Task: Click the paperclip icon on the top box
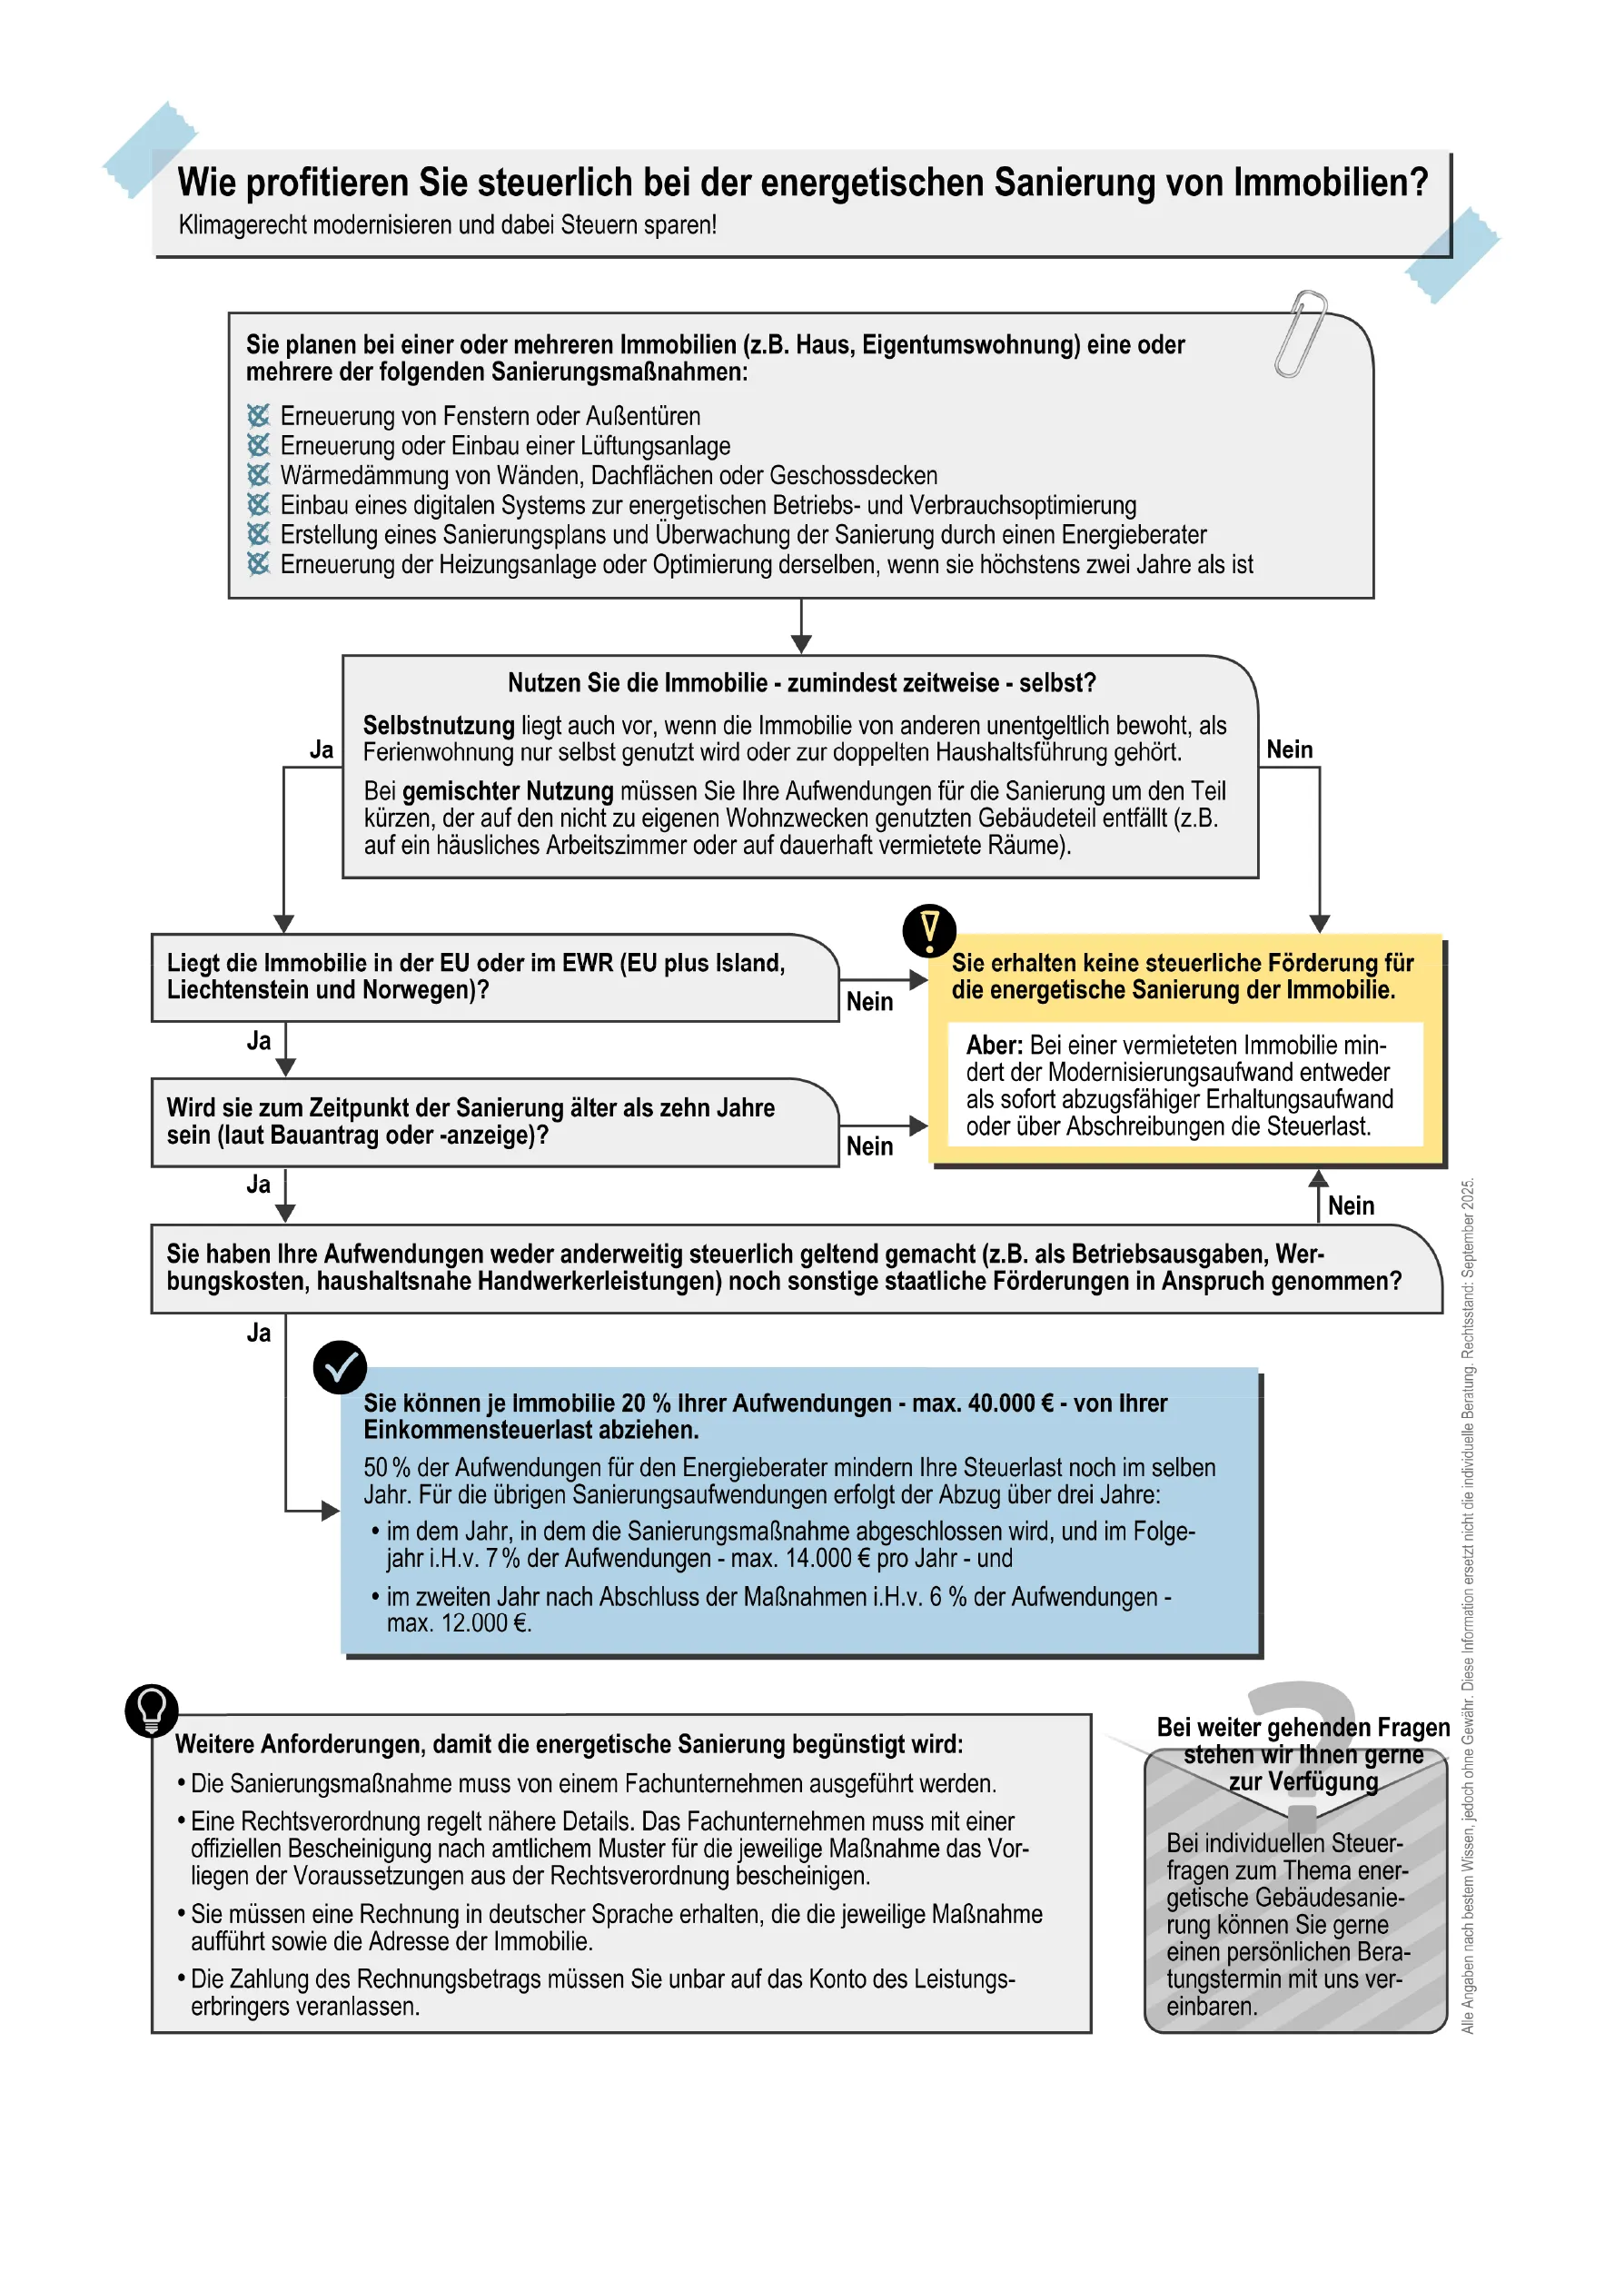point(1301,333)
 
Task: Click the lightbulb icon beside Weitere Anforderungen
point(152,1711)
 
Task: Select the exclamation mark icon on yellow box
point(928,930)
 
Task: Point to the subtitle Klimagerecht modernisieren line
point(447,225)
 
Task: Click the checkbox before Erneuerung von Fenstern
point(258,415)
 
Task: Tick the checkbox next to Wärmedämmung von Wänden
point(258,475)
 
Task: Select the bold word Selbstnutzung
point(438,725)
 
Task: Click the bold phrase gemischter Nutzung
point(508,791)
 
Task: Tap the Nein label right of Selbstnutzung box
point(1290,749)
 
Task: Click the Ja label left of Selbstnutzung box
point(322,749)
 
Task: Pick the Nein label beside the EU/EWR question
point(869,1002)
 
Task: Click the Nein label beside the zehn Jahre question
point(869,1146)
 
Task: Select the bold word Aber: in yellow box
point(994,1046)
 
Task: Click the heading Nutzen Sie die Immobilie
point(801,683)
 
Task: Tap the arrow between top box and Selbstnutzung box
point(801,627)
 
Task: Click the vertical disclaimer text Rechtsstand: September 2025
point(1469,1266)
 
